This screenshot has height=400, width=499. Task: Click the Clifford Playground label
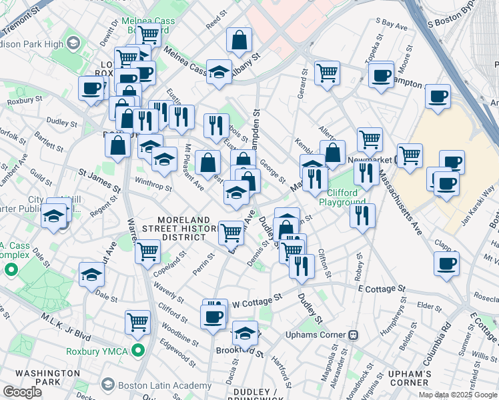342,197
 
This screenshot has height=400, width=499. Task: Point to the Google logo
22,392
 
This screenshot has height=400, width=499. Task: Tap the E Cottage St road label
382,289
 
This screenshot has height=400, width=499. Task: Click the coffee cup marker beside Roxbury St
91,87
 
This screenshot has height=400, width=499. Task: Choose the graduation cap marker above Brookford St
245,332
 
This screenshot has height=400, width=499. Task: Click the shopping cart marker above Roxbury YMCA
138,321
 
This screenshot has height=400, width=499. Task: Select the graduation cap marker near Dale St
92,274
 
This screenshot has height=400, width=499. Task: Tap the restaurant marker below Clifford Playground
362,215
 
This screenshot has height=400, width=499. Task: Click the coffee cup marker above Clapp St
446,262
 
